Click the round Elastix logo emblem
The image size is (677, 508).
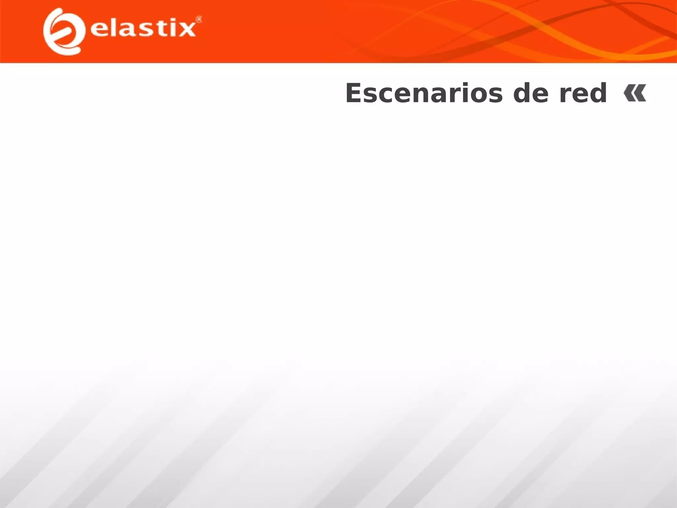click(x=63, y=31)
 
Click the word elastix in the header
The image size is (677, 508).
click(x=143, y=28)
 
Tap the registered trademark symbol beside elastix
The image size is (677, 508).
click(x=199, y=20)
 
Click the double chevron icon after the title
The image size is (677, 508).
click(x=635, y=93)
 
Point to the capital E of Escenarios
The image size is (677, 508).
click(x=355, y=94)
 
